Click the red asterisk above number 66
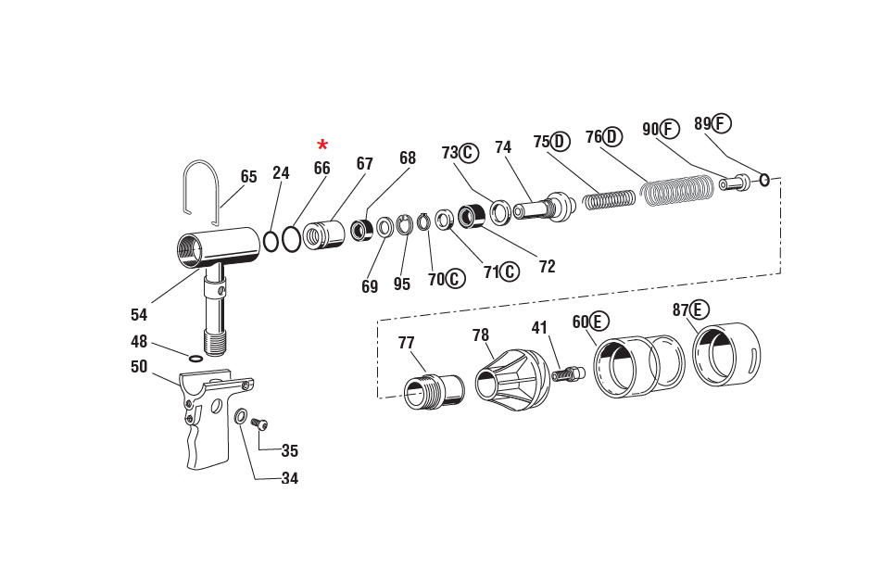[322, 145]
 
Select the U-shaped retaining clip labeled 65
[201, 191]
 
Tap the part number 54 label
[139, 315]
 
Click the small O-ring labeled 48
[195, 358]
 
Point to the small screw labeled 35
[259, 423]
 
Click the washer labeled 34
[241, 416]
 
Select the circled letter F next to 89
[722, 123]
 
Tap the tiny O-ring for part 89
[764, 180]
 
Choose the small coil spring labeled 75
[610, 198]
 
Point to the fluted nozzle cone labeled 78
[512, 375]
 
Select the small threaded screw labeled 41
[567, 374]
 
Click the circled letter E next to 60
[599, 322]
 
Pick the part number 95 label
[401, 284]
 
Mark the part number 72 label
[547, 267]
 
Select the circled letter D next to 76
[612, 137]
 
